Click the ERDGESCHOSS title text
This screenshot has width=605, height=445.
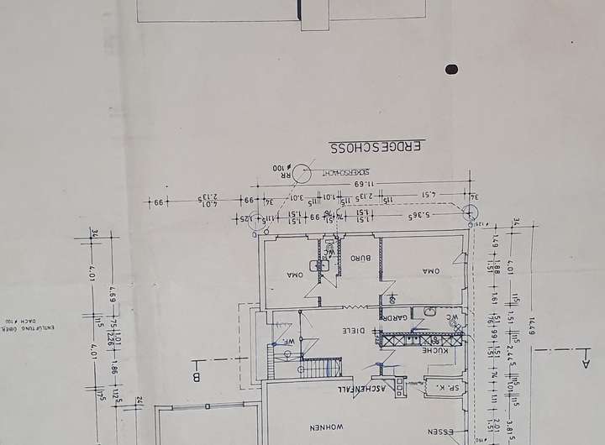coord(376,148)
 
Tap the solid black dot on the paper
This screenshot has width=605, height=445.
coord(452,70)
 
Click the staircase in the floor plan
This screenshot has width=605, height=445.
coord(316,367)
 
